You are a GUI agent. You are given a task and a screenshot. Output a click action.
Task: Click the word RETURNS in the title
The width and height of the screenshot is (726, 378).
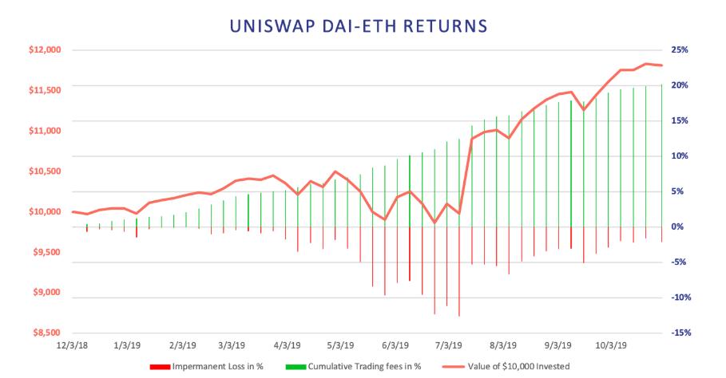coord(445,26)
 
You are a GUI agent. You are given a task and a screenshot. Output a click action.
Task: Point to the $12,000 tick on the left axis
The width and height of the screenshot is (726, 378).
coord(45,50)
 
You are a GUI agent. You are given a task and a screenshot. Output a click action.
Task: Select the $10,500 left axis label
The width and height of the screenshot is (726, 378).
coord(45,171)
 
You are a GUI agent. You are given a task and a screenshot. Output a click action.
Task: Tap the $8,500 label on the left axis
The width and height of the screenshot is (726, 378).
coord(47,333)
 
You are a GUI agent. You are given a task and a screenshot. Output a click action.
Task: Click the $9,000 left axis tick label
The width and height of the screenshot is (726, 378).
coord(47,293)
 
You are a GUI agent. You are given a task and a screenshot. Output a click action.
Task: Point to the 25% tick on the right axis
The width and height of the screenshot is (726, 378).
coord(679,50)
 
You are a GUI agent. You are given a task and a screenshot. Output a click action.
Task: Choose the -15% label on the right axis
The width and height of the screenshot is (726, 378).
coord(680,333)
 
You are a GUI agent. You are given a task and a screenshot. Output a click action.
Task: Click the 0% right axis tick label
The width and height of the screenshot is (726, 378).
coord(677,227)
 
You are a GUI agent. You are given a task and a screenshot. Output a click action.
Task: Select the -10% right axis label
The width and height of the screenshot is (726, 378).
coord(680,297)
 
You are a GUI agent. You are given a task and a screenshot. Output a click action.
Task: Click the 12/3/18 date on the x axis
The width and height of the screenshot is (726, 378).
coord(72,345)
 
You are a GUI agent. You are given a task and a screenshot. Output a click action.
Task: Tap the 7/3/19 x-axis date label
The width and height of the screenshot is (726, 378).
coord(449,345)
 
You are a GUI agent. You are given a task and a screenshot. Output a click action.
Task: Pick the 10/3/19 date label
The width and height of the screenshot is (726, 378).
coord(611,345)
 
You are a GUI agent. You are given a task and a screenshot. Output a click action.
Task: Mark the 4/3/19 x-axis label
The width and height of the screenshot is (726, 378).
coord(287,345)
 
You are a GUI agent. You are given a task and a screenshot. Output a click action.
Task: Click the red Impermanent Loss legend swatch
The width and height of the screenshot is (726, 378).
coord(160,367)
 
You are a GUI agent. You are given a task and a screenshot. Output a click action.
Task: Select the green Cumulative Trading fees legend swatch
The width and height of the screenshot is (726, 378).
coord(296,367)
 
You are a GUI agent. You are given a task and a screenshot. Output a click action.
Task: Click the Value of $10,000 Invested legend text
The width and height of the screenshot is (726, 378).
coord(518,367)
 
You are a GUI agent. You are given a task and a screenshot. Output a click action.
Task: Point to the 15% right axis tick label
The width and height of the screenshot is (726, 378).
coord(679,121)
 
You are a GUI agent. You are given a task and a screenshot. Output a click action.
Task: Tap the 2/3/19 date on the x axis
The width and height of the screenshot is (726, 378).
coord(183,345)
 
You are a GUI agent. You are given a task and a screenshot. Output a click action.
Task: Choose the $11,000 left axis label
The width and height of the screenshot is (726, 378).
coord(45,131)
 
